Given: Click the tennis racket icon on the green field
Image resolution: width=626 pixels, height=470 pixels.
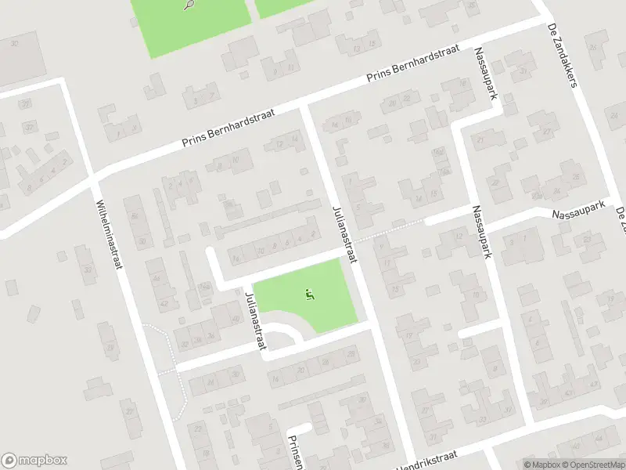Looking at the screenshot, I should (x=189, y=5).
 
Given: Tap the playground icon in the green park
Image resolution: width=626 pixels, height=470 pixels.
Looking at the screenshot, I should (x=310, y=295).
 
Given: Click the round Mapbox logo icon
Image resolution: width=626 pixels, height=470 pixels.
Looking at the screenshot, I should (x=10, y=461).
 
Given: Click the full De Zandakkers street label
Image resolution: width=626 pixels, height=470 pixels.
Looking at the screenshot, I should (x=562, y=55).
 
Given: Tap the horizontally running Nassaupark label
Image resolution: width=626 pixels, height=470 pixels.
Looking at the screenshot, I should (x=579, y=208).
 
